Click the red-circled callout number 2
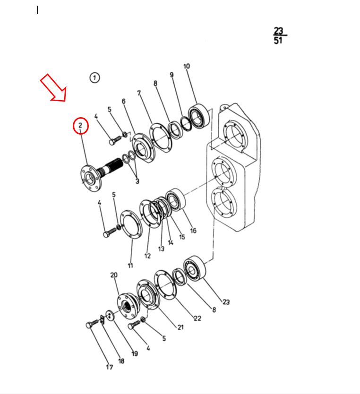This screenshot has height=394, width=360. tap(80, 125)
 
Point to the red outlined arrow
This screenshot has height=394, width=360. tap(54, 88)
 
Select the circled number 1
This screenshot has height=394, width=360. tap(94, 77)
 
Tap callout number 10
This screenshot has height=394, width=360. tap(187, 66)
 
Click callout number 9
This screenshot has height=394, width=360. tap(171, 75)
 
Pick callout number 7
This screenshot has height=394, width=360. tap(139, 93)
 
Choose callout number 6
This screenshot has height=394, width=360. tap(124, 101)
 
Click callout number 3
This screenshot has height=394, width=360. tap(137, 181)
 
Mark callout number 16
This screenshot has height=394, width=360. tap(193, 231)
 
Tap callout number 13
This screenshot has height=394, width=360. tap(161, 249)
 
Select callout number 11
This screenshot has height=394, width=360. tap(130, 266)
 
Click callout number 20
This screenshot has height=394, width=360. tap(114, 275)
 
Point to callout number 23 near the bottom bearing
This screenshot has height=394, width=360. tap(226, 302)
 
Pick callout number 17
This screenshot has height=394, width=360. tap(109, 367)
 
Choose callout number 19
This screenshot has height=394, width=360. tap(135, 353)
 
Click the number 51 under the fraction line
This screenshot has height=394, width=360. tap(278, 41)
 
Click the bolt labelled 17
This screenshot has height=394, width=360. tap(92, 324)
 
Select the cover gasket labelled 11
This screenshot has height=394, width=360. tap(131, 224)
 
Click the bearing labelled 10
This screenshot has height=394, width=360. tap(199, 116)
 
